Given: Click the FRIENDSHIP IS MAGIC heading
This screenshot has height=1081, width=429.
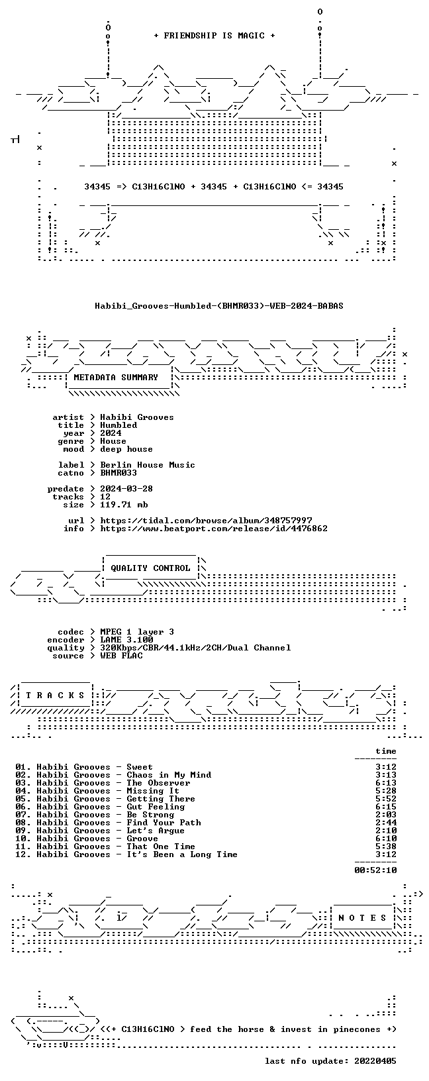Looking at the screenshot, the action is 215,36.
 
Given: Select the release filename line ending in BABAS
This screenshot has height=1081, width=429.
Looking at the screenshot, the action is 219,306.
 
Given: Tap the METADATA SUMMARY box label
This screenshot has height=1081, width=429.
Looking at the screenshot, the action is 116,378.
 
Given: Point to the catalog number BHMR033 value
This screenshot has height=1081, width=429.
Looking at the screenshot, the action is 119,473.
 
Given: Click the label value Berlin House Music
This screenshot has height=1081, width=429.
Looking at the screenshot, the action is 148,465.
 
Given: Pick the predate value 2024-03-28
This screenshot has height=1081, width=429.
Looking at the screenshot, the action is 126,489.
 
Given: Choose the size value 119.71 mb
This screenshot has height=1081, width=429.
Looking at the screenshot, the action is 124,505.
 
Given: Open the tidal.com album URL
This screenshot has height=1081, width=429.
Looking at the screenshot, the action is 206,521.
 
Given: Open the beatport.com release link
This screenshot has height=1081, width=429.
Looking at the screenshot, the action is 214,529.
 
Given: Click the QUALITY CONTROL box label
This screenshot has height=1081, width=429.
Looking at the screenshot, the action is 150,568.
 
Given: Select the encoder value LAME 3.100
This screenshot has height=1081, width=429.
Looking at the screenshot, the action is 126,640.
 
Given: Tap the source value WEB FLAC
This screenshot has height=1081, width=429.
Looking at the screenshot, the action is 121,656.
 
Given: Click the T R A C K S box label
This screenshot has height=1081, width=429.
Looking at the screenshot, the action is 55,695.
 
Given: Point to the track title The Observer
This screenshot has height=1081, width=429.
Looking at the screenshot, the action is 158,783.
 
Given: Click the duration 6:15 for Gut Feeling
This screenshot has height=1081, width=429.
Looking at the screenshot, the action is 386,807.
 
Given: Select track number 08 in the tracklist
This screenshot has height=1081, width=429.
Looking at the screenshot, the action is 21,823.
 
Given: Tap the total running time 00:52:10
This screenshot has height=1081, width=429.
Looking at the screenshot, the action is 375,870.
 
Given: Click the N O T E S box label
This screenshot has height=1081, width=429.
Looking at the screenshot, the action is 362,918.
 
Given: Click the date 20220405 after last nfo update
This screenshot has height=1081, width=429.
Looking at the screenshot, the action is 375,1061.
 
